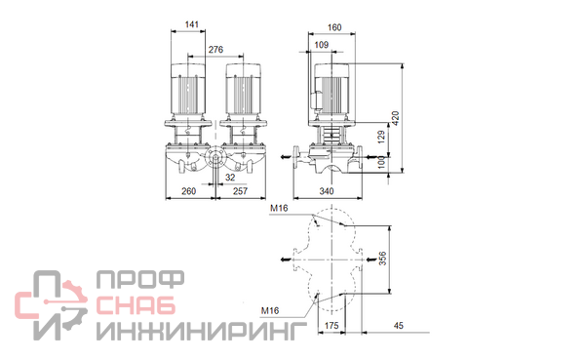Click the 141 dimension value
192,24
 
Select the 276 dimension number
215,50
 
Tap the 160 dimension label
334,27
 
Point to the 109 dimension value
321,45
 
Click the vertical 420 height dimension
396,118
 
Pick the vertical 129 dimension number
381,137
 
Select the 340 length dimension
327,191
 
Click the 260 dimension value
188,191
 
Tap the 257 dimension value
240,191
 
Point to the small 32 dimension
230,178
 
